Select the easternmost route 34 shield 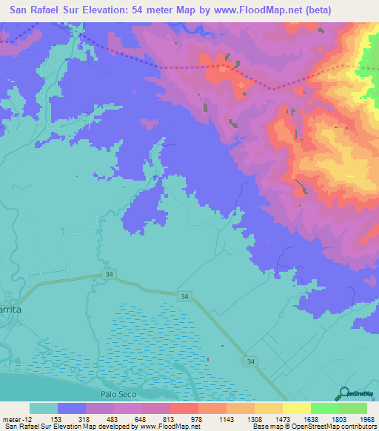point(252,361)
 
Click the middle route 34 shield point(183,295)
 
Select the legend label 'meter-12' point(16,418)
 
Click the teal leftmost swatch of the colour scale point(43,408)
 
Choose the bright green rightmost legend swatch point(352,408)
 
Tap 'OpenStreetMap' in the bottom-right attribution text point(318,427)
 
